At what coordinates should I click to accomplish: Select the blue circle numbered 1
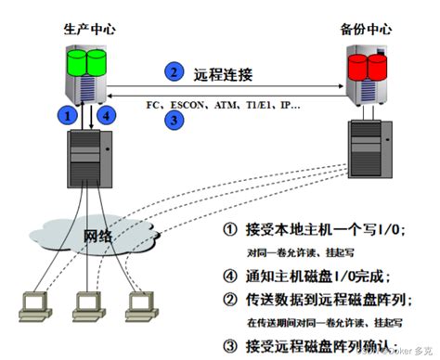[66, 116]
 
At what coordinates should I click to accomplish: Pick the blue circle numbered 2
[172, 71]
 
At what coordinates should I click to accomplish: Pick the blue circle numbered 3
[172, 118]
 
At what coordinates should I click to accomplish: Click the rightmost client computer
[138, 307]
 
